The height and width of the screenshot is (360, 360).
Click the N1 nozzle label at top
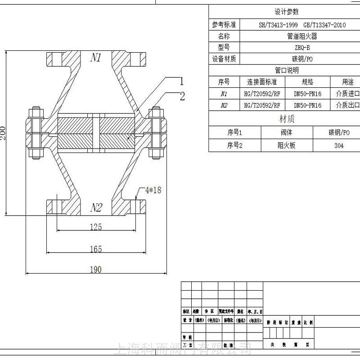click(x=96, y=57)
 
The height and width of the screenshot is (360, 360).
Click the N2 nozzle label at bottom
click(x=96, y=207)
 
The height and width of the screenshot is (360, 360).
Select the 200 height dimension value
click(x=4, y=132)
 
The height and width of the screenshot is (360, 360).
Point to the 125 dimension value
click(x=96, y=227)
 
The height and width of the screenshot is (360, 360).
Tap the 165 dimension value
click(x=96, y=249)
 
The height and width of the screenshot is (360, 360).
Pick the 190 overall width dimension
click(x=95, y=270)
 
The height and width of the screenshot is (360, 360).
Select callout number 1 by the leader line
click(x=182, y=81)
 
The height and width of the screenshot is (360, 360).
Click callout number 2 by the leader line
click(x=182, y=95)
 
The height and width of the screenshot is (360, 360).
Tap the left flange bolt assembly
click(x=35, y=133)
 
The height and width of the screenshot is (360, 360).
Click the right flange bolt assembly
click(x=156, y=133)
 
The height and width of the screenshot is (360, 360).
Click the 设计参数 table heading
click(x=287, y=12)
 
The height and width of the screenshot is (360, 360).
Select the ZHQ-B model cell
click(x=302, y=47)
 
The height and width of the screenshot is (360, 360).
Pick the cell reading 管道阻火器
click(x=302, y=36)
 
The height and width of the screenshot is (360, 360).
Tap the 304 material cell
click(x=339, y=146)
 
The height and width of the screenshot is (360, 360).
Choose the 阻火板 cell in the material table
click(x=287, y=146)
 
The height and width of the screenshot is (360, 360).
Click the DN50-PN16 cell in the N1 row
click(x=307, y=94)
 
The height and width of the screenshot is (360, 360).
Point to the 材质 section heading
click(x=287, y=119)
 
